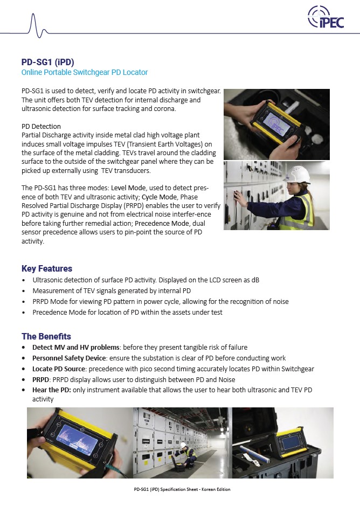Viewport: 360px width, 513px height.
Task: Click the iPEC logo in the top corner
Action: (x=326, y=17)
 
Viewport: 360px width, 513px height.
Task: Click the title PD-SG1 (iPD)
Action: (x=47, y=62)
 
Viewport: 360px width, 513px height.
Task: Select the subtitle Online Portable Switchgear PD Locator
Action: (x=84, y=72)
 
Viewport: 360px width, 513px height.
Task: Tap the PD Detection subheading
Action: (x=41, y=127)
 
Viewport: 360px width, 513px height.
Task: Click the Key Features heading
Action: (x=47, y=268)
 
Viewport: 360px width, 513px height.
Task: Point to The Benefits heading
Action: (x=46, y=336)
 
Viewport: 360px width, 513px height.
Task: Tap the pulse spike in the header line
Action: (x=33, y=24)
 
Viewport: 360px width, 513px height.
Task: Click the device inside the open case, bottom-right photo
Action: (x=292, y=443)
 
